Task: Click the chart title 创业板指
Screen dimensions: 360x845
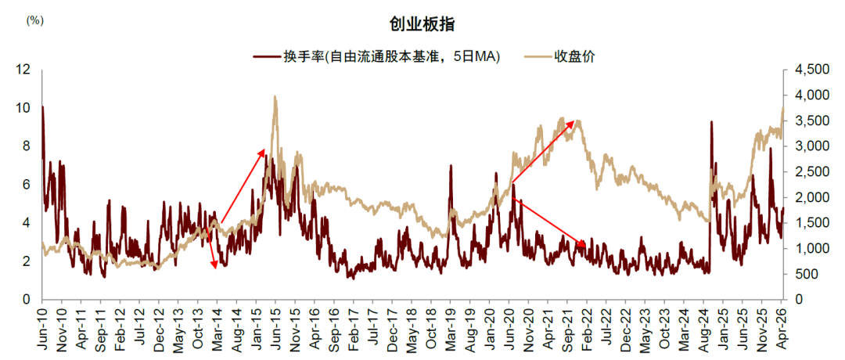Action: coord(422,23)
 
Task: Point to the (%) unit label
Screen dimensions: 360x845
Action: coord(35,20)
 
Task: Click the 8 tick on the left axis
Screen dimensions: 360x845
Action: coord(26,146)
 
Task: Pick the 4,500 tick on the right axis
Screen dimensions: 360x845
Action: coord(808,70)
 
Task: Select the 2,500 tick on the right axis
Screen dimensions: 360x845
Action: coord(808,171)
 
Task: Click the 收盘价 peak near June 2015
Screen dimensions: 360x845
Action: coord(275,97)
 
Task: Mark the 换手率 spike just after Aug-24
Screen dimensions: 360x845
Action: coord(711,122)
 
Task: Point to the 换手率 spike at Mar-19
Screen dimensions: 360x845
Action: coord(451,166)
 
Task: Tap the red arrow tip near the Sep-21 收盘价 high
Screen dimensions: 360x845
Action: coord(575,121)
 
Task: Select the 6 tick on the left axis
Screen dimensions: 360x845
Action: coord(26,185)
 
